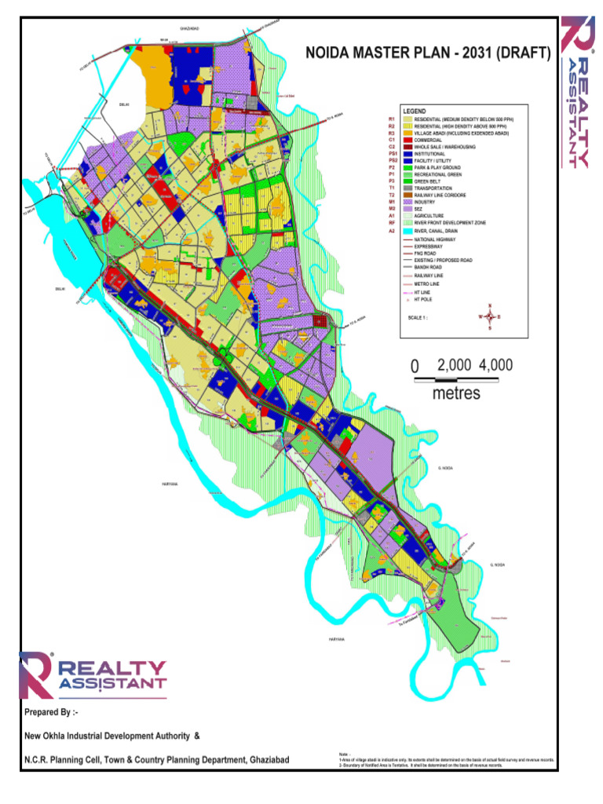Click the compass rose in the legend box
[x=490, y=318]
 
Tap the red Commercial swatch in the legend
[x=409, y=141]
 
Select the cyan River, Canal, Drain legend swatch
[x=409, y=231]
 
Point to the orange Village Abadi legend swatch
[x=409, y=134]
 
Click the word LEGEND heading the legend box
[x=414, y=112]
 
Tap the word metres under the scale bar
[x=456, y=393]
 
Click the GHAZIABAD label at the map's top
[x=191, y=28]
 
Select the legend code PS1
[x=390, y=154]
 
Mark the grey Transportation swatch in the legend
[x=409, y=188]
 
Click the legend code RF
[x=390, y=224]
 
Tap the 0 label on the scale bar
[x=415, y=366]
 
